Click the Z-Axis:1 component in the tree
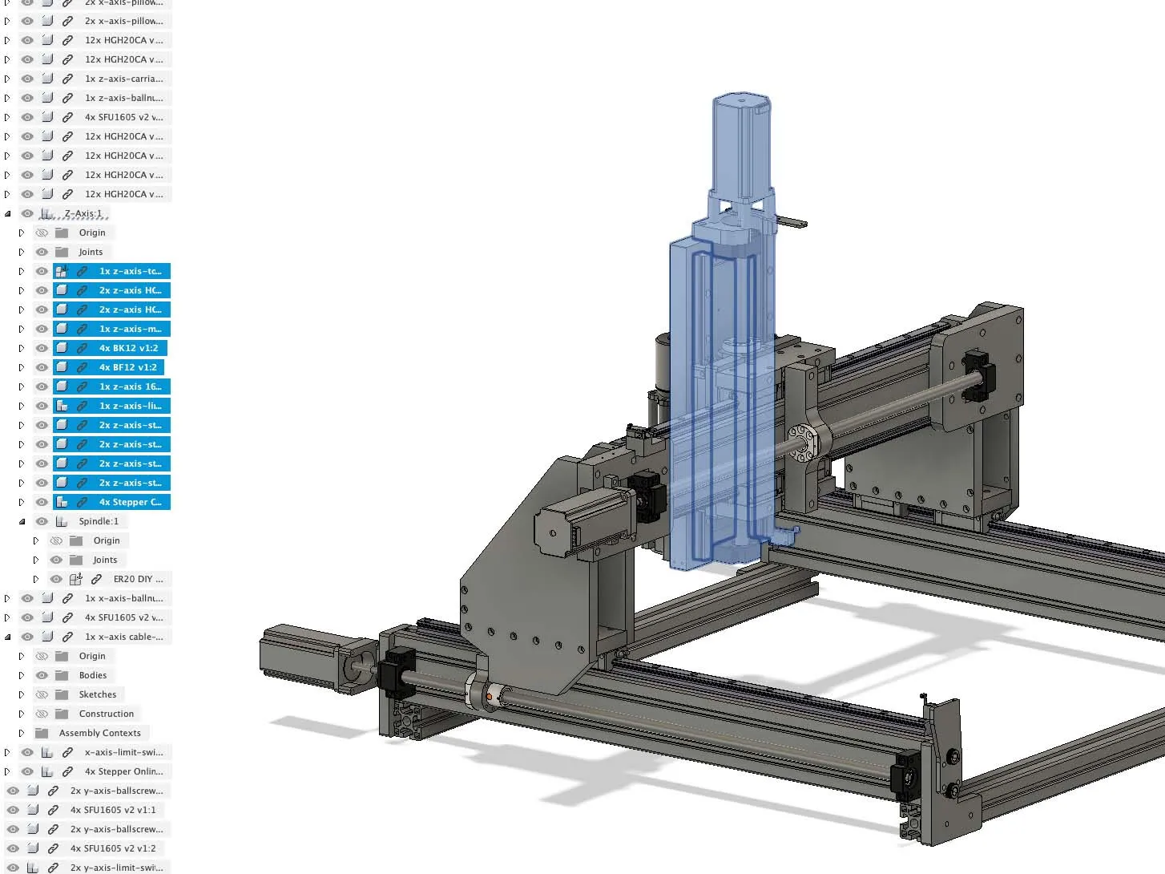(x=83, y=213)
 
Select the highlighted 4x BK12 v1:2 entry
(x=128, y=348)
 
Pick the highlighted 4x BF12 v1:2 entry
(x=128, y=367)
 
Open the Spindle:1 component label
(x=99, y=521)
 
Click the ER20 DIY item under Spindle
(x=138, y=579)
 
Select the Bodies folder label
(x=93, y=675)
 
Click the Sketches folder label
(x=98, y=694)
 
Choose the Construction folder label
(x=107, y=714)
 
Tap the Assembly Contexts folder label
(x=100, y=733)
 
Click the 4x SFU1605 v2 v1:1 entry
(x=113, y=810)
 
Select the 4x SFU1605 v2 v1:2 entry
(x=113, y=848)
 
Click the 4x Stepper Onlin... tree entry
(x=123, y=771)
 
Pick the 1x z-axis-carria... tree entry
(x=123, y=79)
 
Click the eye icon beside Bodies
(x=42, y=675)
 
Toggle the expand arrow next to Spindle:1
(x=22, y=521)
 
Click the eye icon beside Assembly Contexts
(x=22, y=733)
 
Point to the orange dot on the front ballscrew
(x=489, y=697)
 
